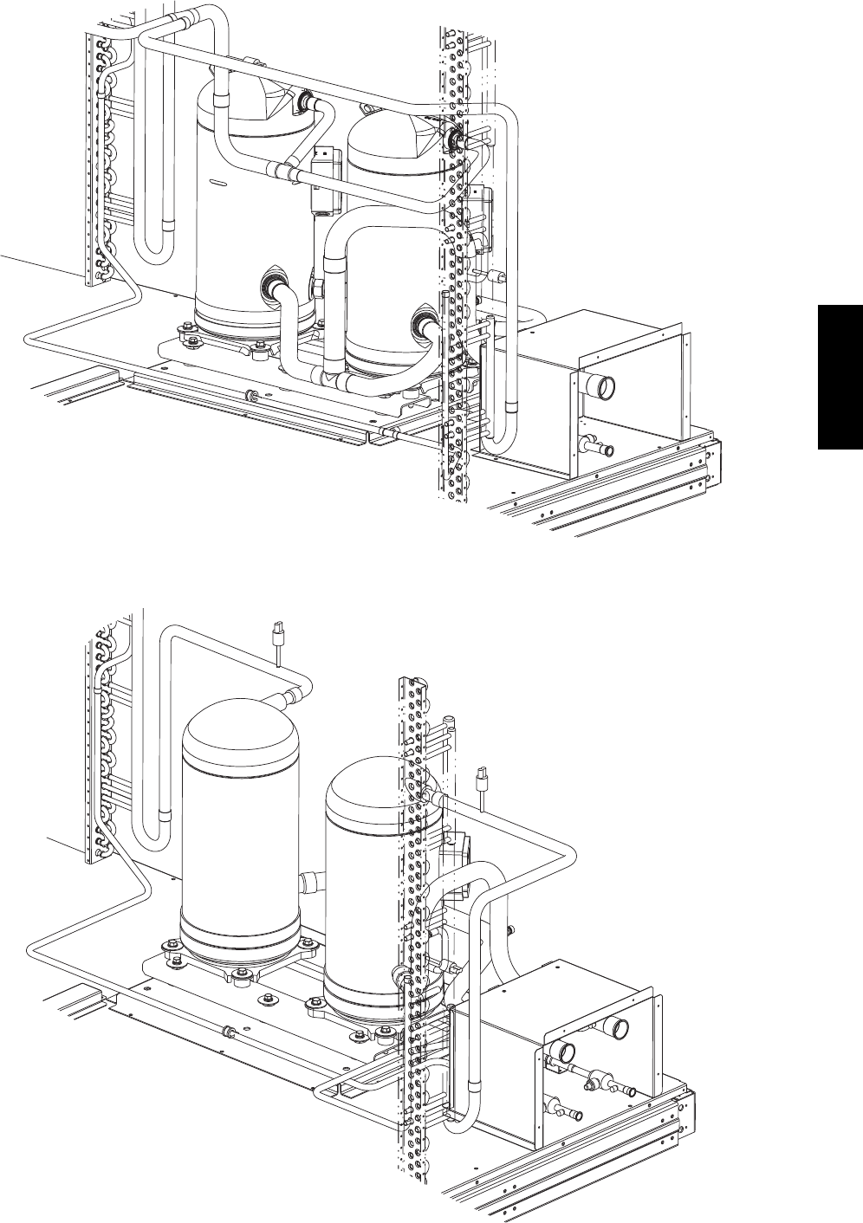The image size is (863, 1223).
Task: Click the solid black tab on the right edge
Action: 840,376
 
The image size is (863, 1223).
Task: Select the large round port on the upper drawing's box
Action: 600,384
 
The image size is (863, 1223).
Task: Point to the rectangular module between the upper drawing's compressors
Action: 323,179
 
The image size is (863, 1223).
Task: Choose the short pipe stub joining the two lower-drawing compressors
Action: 310,881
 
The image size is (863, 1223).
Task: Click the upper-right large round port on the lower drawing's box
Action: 618,1028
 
